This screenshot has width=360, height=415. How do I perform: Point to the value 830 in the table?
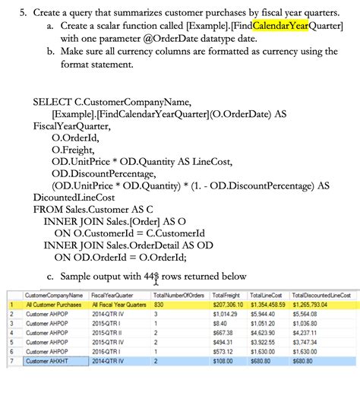pyautogui.click(x=159, y=304)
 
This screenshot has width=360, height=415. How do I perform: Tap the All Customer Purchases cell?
pyautogui.click(x=53, y=304)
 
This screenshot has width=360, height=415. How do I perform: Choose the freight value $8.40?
pyautogui.click(x=220, y=323)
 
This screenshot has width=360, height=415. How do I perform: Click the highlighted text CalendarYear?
pyautogui.click(x=282, y=27)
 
